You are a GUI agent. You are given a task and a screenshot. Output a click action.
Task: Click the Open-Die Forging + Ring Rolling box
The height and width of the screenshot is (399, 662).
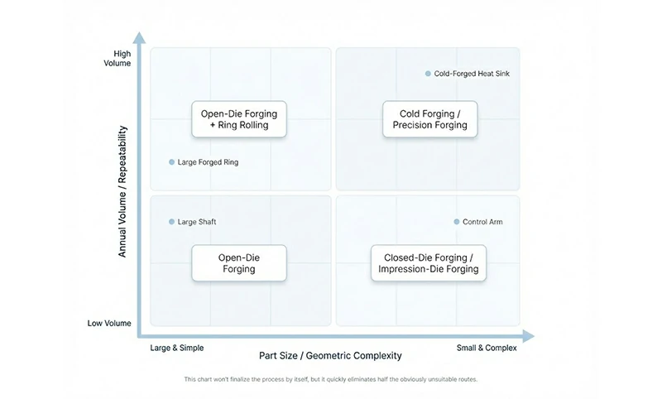tap(240, 119)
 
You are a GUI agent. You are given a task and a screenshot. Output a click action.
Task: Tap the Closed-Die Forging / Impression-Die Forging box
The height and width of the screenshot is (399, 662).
tap(428, 263)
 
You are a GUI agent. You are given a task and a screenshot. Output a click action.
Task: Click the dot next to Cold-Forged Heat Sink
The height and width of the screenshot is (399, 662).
tap(428, 74)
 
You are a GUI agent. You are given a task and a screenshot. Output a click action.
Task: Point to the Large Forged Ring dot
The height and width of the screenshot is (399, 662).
tap(171, 162)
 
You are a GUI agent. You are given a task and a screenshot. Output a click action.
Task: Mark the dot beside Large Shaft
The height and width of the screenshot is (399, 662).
tap(171, 222)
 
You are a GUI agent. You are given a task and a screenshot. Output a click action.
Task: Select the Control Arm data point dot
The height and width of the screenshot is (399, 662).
tap(456, 222)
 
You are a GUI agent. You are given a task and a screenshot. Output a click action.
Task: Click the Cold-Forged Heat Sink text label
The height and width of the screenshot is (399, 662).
tap(473, 74)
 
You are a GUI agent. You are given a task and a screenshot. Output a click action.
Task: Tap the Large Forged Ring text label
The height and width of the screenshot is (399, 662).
tap(208, 162)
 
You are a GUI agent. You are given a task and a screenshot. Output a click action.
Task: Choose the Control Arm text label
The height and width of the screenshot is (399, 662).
tap(482, 222)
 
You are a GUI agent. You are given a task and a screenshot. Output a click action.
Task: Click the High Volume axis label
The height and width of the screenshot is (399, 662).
tap(122, 59)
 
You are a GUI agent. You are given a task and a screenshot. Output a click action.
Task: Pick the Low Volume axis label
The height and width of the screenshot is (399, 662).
tap(109, 323)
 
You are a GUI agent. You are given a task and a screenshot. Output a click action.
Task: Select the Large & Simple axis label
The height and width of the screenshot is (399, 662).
tap(176, 349)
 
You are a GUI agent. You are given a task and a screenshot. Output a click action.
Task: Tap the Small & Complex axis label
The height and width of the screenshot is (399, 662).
tap(487, 349)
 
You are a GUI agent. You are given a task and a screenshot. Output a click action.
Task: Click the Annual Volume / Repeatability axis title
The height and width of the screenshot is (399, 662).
tap(122, 191)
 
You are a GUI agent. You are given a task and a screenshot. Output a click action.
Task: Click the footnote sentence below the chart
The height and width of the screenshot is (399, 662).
tap(331, 380)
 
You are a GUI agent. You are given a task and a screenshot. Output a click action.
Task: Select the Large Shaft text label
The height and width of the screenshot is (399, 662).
tap(197, 222)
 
